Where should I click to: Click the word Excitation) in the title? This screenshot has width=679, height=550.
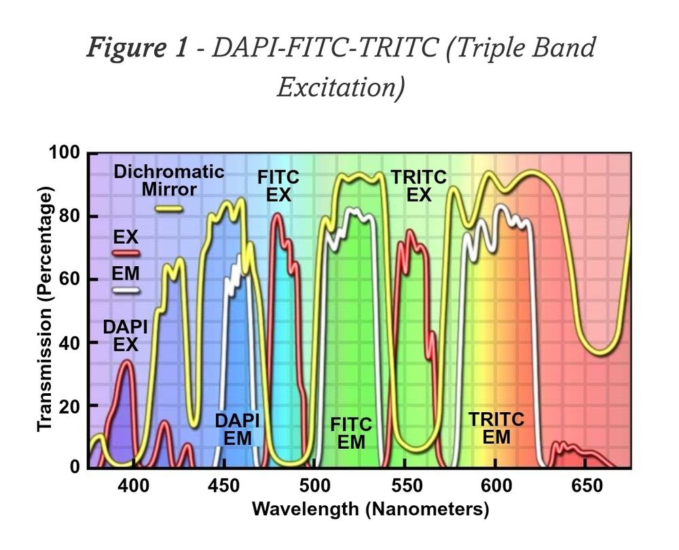pos(341,87)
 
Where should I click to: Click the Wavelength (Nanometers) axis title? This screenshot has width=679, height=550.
pos(370,509)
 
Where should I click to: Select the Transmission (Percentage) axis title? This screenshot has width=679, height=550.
pos(45,310)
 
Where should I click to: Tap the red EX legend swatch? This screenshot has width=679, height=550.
pos(126,253)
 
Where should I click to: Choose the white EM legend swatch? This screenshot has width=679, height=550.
pos(126,290)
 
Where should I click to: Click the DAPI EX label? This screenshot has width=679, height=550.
pos(126,336)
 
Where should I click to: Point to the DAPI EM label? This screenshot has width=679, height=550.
pos(238,429)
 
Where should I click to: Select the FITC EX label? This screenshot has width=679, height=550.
pos(278,186)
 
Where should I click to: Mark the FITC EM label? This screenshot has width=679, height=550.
pos(351,433)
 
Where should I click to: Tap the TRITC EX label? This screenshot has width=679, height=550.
pos(419,186)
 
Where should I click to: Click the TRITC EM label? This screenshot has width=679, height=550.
pos(496,428)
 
